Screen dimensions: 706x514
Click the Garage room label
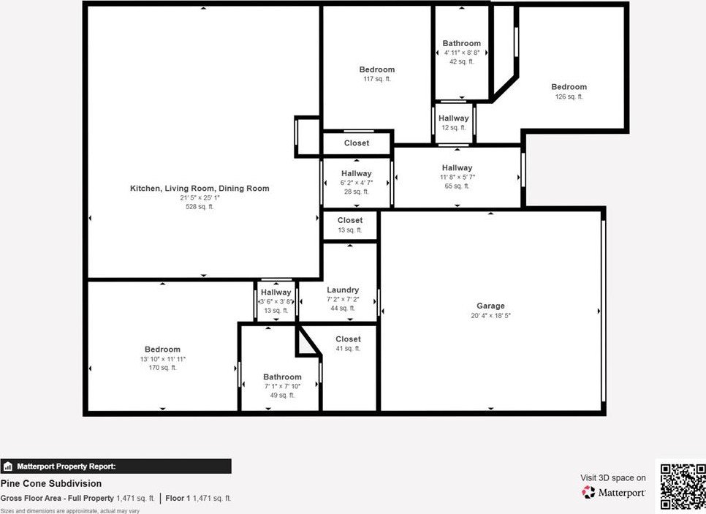point(490,306)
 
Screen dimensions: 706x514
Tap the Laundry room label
point(343,290)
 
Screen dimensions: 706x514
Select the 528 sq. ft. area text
point(200,207)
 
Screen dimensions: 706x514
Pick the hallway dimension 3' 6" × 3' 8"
point(276,301)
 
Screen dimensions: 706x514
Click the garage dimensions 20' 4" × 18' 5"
point(490,315)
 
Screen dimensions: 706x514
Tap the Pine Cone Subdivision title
point(51,483)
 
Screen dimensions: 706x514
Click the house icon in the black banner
point(7,466)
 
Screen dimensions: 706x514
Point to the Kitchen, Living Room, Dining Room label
point(200,189)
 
